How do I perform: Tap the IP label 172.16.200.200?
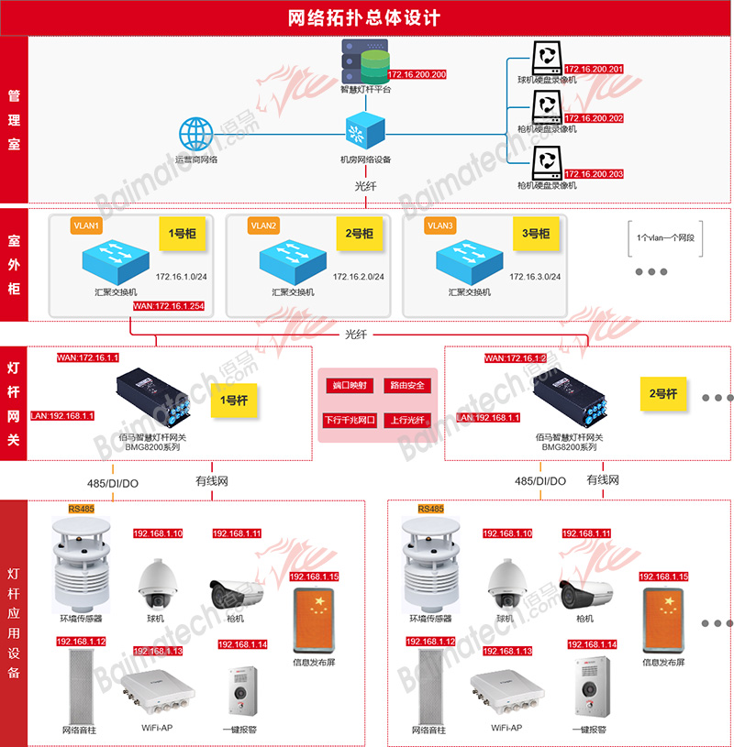(x=417, y=74)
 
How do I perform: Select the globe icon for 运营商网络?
(x=195, y=135)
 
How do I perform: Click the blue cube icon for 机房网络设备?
(x=365, y=130)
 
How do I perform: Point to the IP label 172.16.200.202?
(x=594, y=118)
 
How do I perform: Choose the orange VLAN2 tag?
(x=263, y=225)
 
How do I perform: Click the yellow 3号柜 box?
(x=536, y=234)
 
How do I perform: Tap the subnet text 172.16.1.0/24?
(x=181, y=276)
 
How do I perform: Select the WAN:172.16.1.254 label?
(x=170, y=306)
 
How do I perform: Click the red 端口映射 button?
(x=350, y=385)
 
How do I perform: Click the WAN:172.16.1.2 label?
(x=516, y=358)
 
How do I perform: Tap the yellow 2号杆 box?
(x=662, y=394)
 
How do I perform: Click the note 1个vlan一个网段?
(x=665, y=237)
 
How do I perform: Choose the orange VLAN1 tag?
(x=85, y=225)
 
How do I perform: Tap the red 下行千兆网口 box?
(x=350, y=421)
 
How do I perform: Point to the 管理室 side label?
(x=14, y=120)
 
